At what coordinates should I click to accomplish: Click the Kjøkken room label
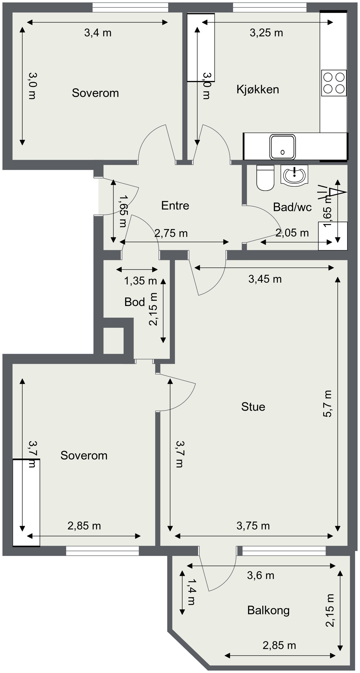point(258,89)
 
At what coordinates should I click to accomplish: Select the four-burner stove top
point(334,83)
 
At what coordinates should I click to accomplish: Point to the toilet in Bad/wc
point(265,178)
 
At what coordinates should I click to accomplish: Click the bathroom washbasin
point(294,175)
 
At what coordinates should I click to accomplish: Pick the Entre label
point(175,205)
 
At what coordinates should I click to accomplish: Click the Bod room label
point(135,302)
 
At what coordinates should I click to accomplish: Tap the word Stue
point(253,407)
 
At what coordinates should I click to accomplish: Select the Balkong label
point(268,610)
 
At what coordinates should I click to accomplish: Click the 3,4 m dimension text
point(98,33)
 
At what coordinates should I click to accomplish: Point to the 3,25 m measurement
point(266,33)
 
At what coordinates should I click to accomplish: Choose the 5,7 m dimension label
point(328,404)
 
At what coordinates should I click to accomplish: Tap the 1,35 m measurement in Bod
point(141,281)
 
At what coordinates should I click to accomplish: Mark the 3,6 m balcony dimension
point(261,575)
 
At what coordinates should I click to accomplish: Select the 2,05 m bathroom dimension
point(292,233)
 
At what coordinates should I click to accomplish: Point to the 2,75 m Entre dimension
point(171,233)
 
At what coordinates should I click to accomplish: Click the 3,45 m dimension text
point(265,279)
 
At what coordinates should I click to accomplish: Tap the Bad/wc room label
point(292,207)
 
